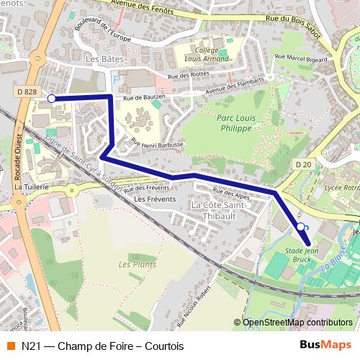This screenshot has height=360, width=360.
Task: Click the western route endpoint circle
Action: (x=51, y=98)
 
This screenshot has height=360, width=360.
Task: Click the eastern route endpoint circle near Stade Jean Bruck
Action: (x=300, y=227)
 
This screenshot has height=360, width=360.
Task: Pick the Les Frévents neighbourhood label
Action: (x=155, y=199)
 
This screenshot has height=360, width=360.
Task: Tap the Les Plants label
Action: (x=138, y=265)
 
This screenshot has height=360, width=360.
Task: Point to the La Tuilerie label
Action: (x=31, y=186)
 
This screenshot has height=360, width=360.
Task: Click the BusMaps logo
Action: (x=325, y=345)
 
